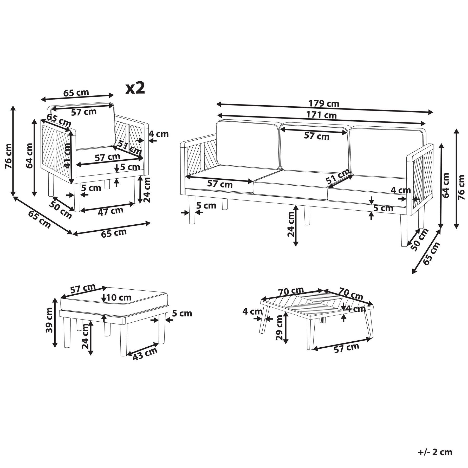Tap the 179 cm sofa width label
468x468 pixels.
(324, 103)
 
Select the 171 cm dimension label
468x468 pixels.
(321, 115)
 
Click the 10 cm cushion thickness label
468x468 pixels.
(119, 297)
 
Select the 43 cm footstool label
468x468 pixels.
(145, 354)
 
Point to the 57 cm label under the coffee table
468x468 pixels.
(347, 348)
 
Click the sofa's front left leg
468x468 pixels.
(192, 209)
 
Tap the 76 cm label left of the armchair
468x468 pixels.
(9, 156)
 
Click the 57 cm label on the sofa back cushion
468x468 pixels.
(317, 136)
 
